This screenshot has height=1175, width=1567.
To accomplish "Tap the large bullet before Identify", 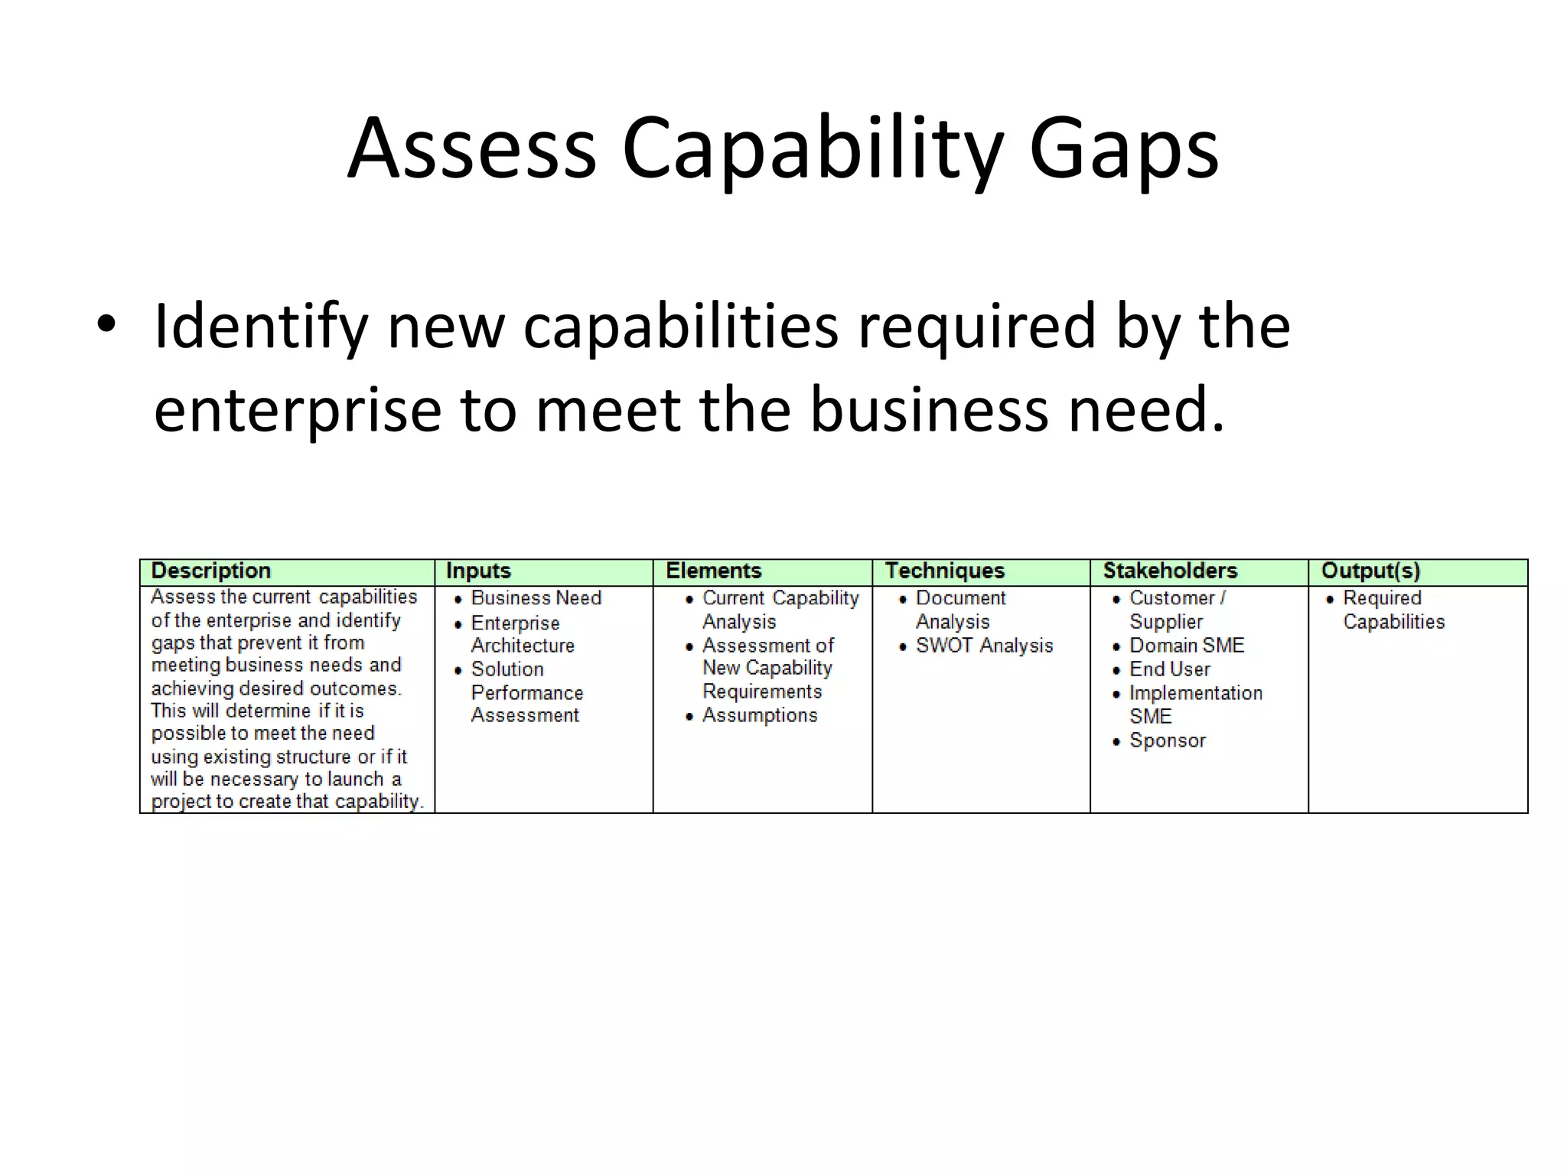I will [106, 325].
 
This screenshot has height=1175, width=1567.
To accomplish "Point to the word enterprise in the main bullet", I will [297, 410].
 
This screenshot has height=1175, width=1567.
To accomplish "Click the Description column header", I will [211, 571].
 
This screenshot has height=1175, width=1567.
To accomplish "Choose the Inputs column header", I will [478, 571].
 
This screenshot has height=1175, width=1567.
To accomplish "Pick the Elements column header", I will [713, 571].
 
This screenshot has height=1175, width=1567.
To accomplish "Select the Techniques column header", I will [944, 571].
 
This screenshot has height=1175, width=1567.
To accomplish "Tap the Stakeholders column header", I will [1170, 571].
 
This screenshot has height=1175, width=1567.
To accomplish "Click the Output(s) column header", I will [1370, 571].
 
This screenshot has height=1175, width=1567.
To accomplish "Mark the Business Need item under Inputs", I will [536, 598].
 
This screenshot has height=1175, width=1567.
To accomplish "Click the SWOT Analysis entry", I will [984, 646].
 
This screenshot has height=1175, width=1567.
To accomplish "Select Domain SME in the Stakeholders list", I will [1187, 646].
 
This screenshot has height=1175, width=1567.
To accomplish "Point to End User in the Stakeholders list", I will [1170, 669].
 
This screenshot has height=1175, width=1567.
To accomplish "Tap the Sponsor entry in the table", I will [1168, 740].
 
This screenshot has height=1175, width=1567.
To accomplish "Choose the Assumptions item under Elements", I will [760, 716].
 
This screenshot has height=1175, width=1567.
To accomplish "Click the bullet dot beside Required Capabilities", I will [1330, 600].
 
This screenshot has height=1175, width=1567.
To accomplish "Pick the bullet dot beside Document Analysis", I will [903, 600].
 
